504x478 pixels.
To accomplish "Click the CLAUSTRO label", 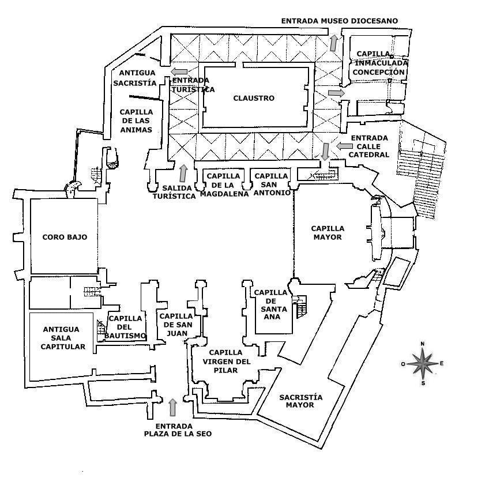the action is coord(254,98).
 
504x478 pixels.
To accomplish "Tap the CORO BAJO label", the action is coord(65,237).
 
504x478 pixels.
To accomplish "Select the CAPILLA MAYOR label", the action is coord(328,233).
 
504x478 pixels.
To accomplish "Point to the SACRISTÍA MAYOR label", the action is coord(300,401).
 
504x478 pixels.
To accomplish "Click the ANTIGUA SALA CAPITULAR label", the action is coord(63,338).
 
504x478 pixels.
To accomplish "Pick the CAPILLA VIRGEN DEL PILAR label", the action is coord(226,362).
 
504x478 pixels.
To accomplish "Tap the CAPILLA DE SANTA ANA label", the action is coord(270,305).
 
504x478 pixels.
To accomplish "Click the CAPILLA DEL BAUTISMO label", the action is coord(125,328).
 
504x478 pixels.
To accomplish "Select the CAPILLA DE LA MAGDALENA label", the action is coord(224,185).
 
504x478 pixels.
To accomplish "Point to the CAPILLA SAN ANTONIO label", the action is coord(272,185).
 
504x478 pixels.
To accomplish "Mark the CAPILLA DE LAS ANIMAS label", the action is coord(136,121).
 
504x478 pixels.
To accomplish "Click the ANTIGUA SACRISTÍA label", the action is coord(135,78).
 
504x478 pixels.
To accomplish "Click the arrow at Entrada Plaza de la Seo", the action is coord(173,407).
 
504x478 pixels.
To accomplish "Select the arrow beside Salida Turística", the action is coord(183,173).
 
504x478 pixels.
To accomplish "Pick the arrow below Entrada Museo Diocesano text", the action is coord(334,43).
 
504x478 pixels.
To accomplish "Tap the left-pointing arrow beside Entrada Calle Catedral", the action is coord(344,146).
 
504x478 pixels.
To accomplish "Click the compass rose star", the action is coord(423,364).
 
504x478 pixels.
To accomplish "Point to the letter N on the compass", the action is coord(422,344).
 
